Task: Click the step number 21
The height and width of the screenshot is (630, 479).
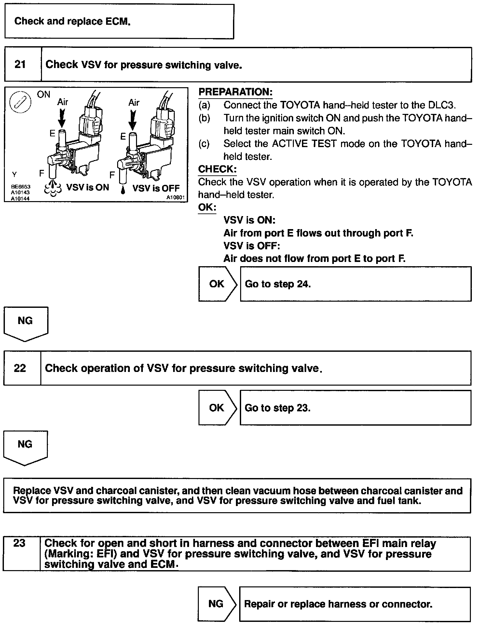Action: coord(20,64)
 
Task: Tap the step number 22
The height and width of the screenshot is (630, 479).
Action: coord(20,368)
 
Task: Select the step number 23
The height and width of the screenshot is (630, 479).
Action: coord(19,543)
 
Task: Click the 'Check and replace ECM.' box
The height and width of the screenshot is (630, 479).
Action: coord(119,21)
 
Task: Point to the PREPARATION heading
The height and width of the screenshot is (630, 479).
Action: coord(235,92)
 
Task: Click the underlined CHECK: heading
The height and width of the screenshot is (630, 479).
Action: coord(217,169)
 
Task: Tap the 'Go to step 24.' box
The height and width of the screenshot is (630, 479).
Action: coord(355,284)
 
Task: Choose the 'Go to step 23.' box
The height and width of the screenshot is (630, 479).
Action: coord(355,408)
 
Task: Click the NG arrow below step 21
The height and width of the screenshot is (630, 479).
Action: coord(25,323)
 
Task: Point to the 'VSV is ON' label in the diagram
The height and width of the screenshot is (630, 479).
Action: coord(88,187)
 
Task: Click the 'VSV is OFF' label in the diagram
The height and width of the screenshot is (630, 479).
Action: coord(156,188)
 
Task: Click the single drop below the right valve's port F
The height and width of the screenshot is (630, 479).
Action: coord(123,190)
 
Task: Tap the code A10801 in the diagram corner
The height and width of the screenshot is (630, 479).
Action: coord(176,197)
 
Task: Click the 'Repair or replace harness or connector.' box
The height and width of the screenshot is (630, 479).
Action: coord(355,604)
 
